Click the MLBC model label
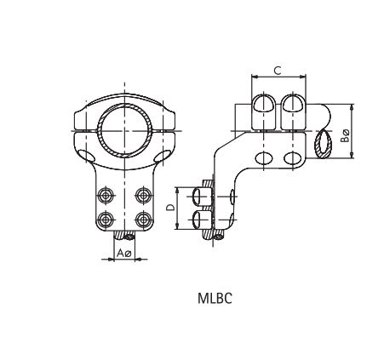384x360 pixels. point(213,298)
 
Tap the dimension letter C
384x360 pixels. point(278,71)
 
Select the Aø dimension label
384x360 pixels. point(124,253)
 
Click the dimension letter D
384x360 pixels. point(170,208)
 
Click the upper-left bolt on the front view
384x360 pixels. point(106,193)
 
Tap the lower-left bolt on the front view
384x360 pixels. point(106,218)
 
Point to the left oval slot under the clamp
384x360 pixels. point(89,157)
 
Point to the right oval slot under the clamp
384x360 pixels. point(159,157)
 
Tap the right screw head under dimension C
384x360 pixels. point(292,104)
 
